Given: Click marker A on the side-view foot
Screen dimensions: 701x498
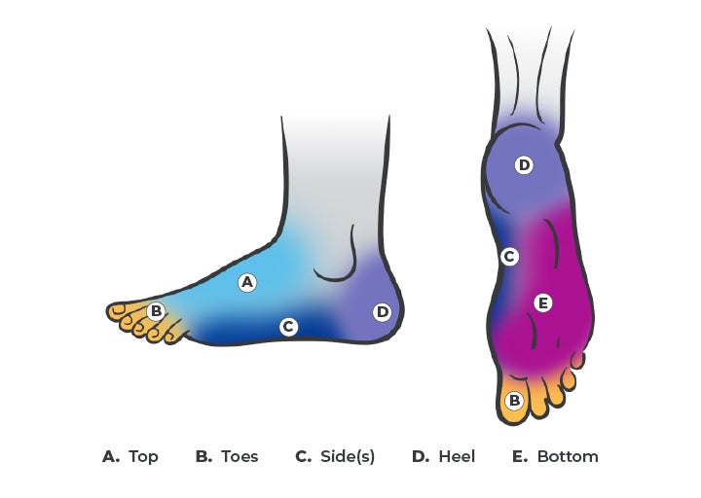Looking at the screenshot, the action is point(247,283).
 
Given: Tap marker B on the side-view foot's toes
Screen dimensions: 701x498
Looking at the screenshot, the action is point(156,311).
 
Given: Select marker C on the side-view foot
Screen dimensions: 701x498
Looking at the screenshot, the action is point(288,327).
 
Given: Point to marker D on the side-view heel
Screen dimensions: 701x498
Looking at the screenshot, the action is point(382,312).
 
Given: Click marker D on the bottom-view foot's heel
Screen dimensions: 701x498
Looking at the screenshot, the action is point(524,165).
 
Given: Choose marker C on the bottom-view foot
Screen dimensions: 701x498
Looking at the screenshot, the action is point(508,257).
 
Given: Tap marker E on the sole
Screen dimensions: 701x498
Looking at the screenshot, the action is point(543,303).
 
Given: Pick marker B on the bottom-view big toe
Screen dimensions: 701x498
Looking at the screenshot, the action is point(514,400).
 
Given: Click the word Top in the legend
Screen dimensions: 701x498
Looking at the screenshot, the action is point(143,456).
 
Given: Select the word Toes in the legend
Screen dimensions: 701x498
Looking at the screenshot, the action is point(240,456).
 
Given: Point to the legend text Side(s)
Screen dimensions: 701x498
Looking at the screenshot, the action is point(348,456).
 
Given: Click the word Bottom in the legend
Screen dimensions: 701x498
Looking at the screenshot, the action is point(568,456).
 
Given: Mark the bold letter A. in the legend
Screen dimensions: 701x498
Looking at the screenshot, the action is point(110,456).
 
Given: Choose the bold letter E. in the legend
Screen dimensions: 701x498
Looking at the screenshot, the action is point(519,456).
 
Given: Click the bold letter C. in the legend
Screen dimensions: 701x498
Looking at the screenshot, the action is point(303,456).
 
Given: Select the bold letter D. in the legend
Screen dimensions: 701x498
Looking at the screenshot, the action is point(420,456).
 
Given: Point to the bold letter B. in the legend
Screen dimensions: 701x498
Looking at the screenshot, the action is point(203,456).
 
